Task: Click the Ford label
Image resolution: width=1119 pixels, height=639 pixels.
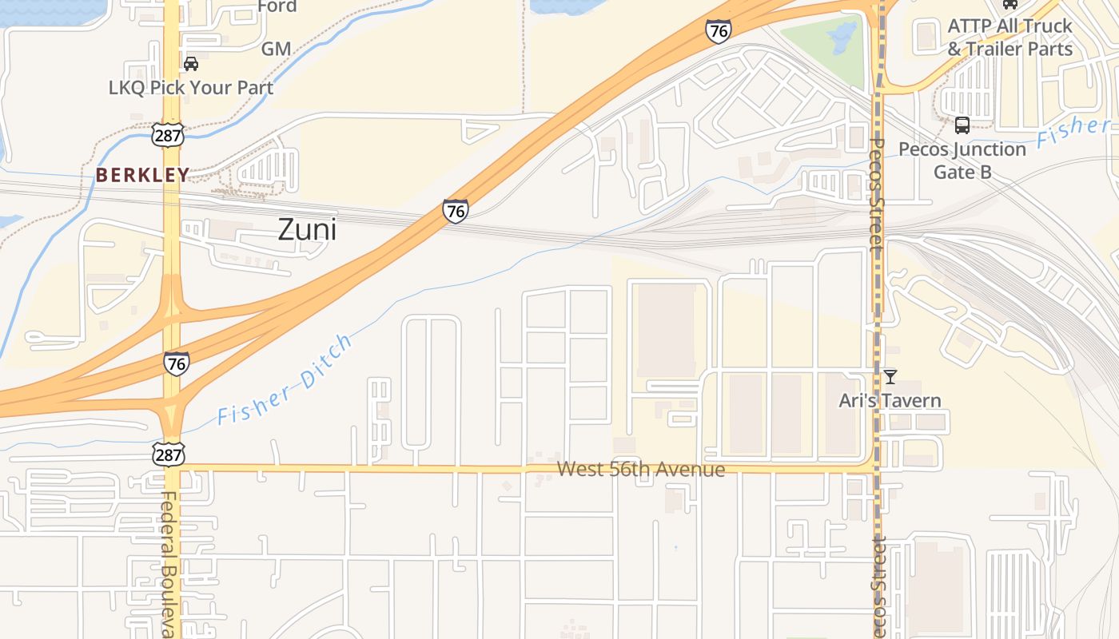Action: (x=277, y=6)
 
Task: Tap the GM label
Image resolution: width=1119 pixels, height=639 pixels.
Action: (x=276, y=49)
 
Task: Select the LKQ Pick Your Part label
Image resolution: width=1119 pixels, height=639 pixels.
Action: (x=191, y=88)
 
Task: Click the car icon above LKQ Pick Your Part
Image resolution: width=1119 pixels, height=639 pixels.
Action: (x=191, y=64)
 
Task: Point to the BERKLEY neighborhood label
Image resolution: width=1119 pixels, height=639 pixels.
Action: (x=143, y=175)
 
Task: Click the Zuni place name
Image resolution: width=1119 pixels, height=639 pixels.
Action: (x=307, y=230)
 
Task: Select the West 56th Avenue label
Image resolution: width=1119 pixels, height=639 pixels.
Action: (x=641, y=469)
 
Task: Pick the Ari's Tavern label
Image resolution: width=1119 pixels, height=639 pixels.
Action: (x=890, y=400)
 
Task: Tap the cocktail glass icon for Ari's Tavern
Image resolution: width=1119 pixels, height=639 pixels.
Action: (x=890, y=377)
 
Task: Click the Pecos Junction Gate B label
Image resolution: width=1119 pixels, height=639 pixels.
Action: (x=962, y=161)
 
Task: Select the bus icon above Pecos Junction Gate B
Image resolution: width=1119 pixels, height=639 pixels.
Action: (x=962, y=125)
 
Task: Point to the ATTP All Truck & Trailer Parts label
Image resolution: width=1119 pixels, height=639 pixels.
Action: (x=1009, y=38)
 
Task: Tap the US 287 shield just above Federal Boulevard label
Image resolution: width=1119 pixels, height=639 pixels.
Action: (x=169, y=454)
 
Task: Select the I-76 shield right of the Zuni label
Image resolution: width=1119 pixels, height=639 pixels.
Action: (x=455, y=211)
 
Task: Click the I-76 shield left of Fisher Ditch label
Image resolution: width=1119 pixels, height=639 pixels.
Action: (x=177, y=363)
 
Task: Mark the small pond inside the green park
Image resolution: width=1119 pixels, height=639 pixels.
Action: (x=841, y=34)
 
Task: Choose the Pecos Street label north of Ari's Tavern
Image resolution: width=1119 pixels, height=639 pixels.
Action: (x=877, y=196)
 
